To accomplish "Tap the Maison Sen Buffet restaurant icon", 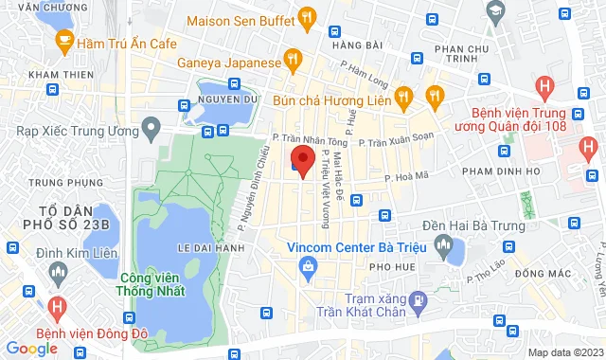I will coord(307,17).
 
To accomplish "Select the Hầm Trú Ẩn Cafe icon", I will coord(64,40).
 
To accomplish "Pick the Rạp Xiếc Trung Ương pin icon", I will coord(150,127).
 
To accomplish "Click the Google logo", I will coord(32,349).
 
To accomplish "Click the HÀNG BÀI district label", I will coord(356,45).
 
